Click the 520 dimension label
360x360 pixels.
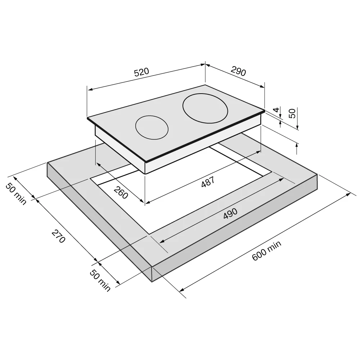(x=141, y=72)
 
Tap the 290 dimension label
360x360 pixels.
(x=238, y=71)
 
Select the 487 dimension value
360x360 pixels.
(x=208, y=181)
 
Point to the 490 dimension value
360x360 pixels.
(x=230, y=213)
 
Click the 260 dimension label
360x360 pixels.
(x=121, y=193)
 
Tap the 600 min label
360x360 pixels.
(x=266, y=251)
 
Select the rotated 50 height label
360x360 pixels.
(x=292, y=113)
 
